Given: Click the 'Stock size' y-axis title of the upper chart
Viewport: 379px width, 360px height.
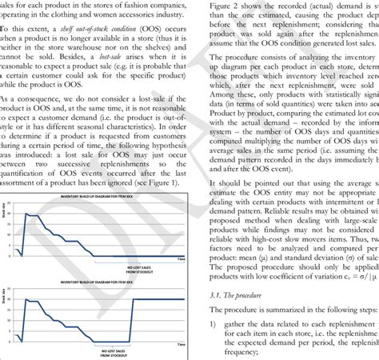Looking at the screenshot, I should tap(6, 237).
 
